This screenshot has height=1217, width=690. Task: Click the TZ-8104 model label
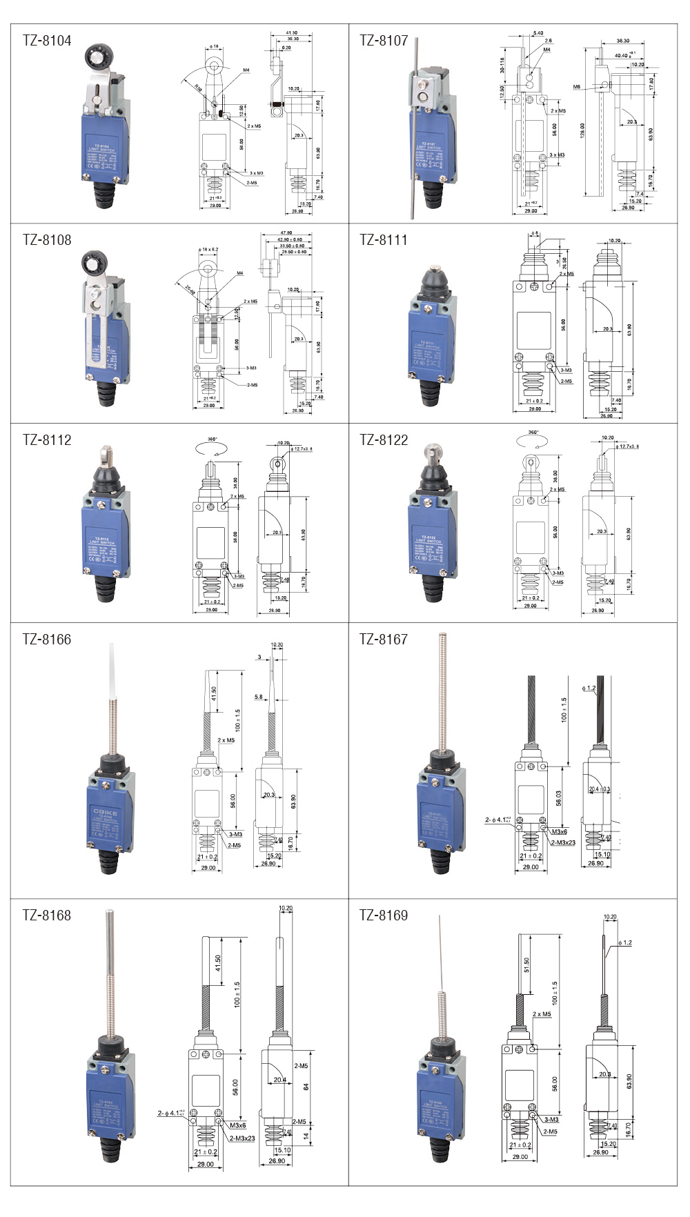coord(47,41)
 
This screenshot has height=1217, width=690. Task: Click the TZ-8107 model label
coord(384,41)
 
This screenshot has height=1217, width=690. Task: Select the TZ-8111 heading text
coord(384,240)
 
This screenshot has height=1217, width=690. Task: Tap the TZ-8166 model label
coord(47,640)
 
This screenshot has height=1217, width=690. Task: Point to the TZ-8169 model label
coord(384,916)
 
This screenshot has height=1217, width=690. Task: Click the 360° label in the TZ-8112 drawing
coord(212,439)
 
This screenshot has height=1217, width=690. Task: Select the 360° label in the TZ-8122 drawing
coord(533,433)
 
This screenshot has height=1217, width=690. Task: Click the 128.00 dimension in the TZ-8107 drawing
coord(583,131)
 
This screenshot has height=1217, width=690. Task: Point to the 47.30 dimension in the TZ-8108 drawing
coord(286,233)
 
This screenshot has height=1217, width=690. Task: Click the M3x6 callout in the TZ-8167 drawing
coord(559,832)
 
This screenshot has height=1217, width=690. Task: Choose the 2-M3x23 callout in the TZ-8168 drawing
coord(242,1138)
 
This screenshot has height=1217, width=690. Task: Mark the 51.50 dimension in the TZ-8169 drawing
coord(527,965)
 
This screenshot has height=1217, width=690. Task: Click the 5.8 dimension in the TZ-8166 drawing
coord(258,697)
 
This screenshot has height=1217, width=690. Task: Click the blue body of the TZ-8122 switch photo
coord(431,538)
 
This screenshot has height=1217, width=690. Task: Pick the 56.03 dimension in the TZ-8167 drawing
coord(559,798)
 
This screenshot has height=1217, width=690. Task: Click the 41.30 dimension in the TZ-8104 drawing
coord(292,32)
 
